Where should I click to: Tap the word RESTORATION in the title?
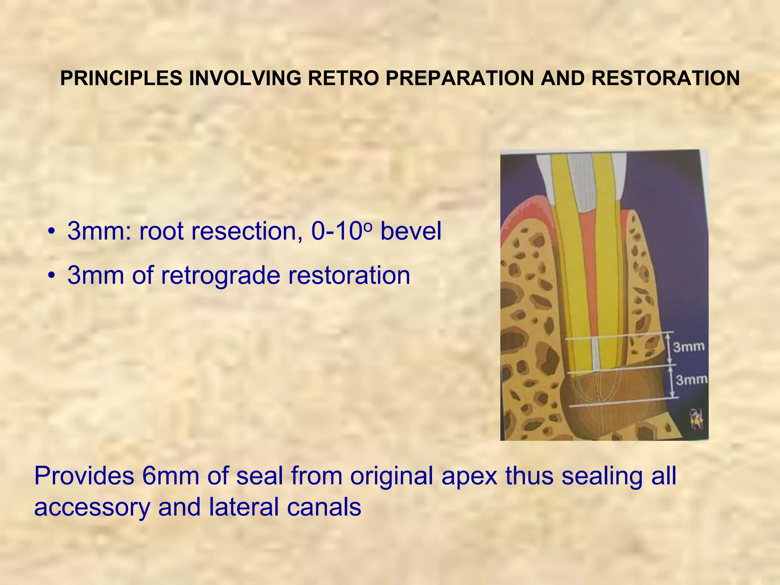[x=665, y=78]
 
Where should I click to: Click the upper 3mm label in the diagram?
[x=689, y=347]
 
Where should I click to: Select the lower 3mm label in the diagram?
[x=691, y=379]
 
